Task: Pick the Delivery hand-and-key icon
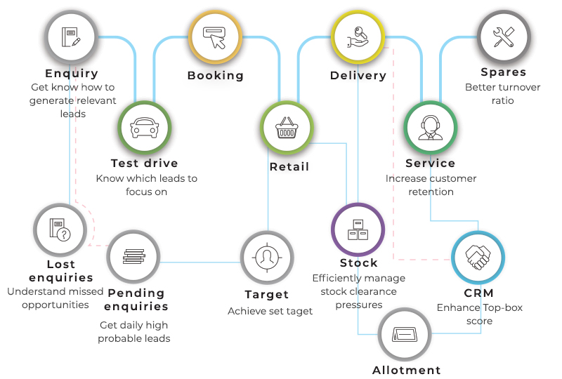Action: coord(358,35)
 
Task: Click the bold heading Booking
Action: coord(216,75)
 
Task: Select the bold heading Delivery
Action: coord(358,75)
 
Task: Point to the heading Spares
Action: coord(504,72)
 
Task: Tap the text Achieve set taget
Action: coord(270,311)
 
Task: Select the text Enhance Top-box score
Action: coord(480,314)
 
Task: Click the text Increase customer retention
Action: coord(431,185)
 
